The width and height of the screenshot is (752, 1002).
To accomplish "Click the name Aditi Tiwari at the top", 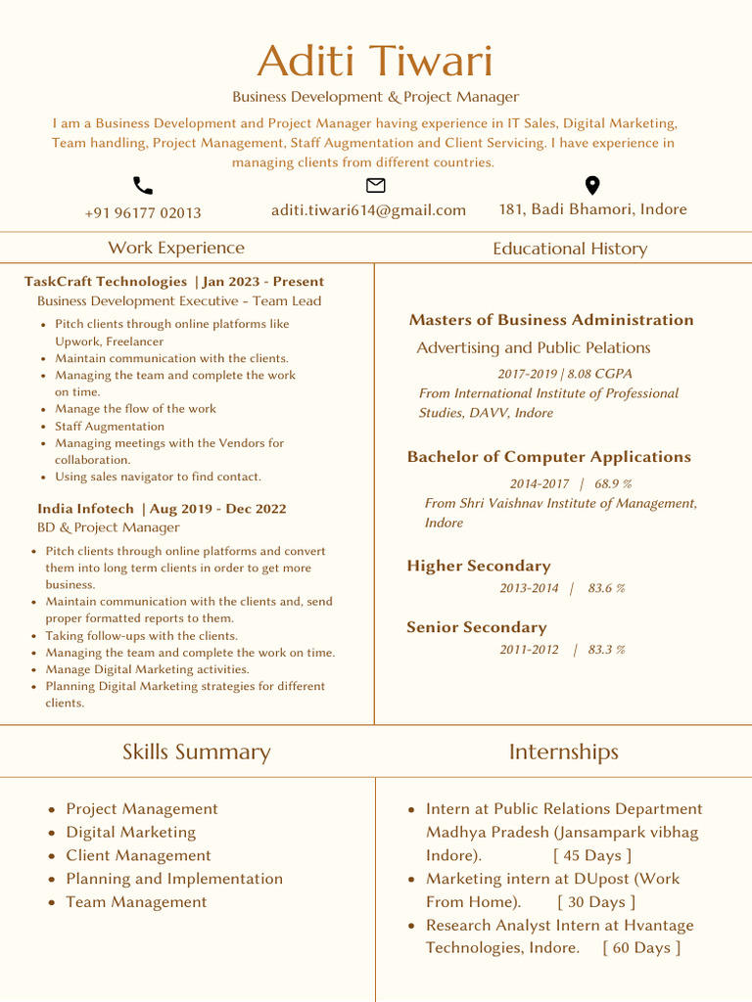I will coord(375,62).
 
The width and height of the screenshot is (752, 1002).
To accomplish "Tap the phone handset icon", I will coord(143,186).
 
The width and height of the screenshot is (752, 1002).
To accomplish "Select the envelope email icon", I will coord(375,185).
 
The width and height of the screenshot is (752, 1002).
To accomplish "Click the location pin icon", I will coord(592,186).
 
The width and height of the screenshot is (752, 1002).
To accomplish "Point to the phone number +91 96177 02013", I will coord(143,213).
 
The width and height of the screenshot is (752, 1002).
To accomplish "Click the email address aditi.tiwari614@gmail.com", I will coord(368,210).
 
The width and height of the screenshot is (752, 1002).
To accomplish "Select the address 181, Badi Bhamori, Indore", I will coord(592,209).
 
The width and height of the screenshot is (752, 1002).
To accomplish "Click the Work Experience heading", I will coord(176,249).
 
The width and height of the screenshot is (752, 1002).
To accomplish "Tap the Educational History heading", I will coord(570,249).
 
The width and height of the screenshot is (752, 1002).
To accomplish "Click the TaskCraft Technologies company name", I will coord(106,282).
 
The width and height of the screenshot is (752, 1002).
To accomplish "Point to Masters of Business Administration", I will coord(550,320).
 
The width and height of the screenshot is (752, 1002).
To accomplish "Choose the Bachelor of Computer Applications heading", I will coord(548,457).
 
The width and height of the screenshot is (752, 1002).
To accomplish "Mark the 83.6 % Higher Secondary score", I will coord(606,588).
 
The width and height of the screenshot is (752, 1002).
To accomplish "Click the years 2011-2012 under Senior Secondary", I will coord(529,650).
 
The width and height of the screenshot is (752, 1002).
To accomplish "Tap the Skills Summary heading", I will coord(196,751).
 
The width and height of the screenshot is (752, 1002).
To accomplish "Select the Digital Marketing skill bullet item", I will coord(130,833).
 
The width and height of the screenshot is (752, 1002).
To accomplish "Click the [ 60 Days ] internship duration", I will coord(641,947).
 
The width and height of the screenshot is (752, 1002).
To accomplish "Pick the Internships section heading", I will coord(563,751).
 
